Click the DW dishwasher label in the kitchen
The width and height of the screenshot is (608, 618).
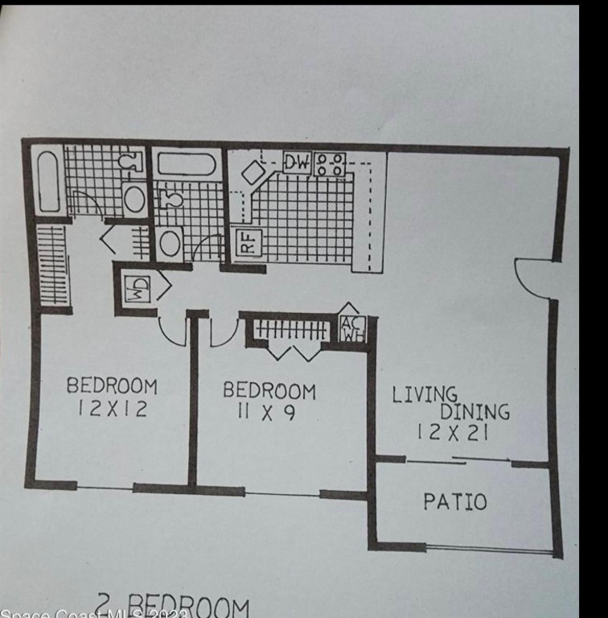tap(296, 163)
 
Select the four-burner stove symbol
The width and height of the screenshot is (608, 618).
tap(330, 164)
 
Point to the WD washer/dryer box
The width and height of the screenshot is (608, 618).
tap(137, 286)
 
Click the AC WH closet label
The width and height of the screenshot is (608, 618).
tap(351, 328)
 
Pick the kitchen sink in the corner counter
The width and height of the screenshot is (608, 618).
tap(253, 172)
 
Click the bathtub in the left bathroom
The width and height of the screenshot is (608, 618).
tap(48, 182)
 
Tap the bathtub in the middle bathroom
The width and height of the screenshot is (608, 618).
tap(186, 165)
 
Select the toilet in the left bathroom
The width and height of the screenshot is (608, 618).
tap(129, 162)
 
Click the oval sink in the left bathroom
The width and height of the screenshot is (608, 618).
tap(134, 198)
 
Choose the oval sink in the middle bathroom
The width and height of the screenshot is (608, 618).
tap(170, 242)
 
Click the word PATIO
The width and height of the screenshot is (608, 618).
tap(455, 502)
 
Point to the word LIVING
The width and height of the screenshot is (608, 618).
tap(425, 394)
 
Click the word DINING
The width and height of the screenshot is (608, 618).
tap(474, 411)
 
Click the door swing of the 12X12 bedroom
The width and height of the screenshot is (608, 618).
tap(173, 331)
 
